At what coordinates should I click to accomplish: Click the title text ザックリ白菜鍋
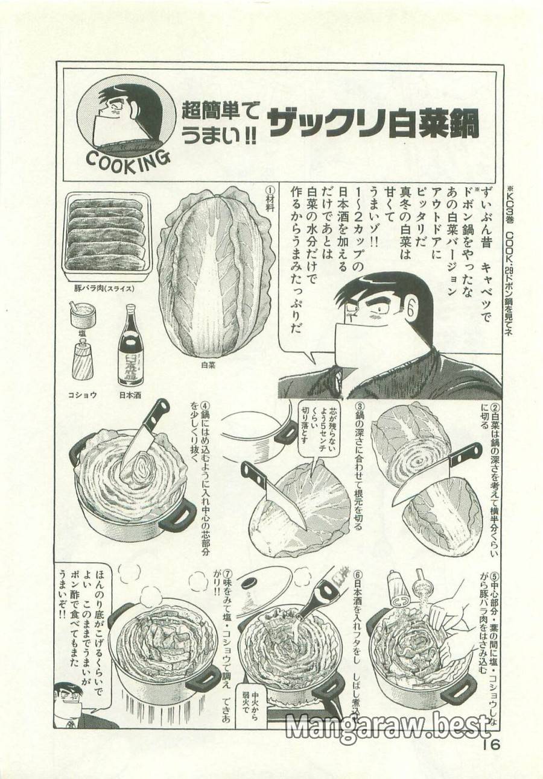[x=373, y=124]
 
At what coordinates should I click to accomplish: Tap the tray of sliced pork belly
[x=107, y=236]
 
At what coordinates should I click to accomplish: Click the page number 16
[x=492, y=745]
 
